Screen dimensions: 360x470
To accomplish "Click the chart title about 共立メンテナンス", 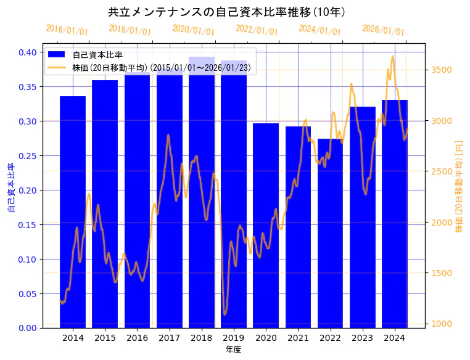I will [226, 12].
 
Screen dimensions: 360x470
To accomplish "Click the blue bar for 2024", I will [395, 213].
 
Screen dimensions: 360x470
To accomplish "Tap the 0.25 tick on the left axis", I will [27, 156].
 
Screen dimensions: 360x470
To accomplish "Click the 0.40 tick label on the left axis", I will [27, 52].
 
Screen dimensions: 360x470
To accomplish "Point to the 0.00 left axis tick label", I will [27, 328].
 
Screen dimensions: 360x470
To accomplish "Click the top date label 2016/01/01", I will [67, 30].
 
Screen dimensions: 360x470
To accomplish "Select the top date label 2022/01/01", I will [257, 30].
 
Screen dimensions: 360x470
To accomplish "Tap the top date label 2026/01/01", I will [384, 30].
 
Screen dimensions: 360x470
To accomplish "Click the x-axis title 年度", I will [234, 350].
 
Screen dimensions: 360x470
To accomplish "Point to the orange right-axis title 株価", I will [459, 194].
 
